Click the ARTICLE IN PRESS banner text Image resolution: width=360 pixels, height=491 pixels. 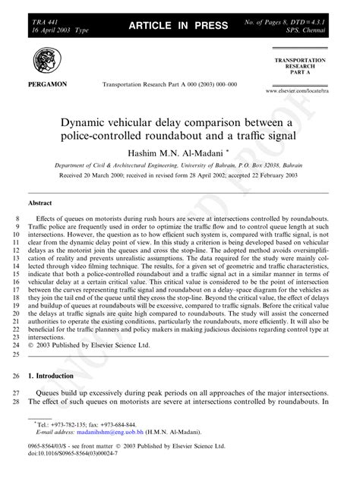(179, 26)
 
